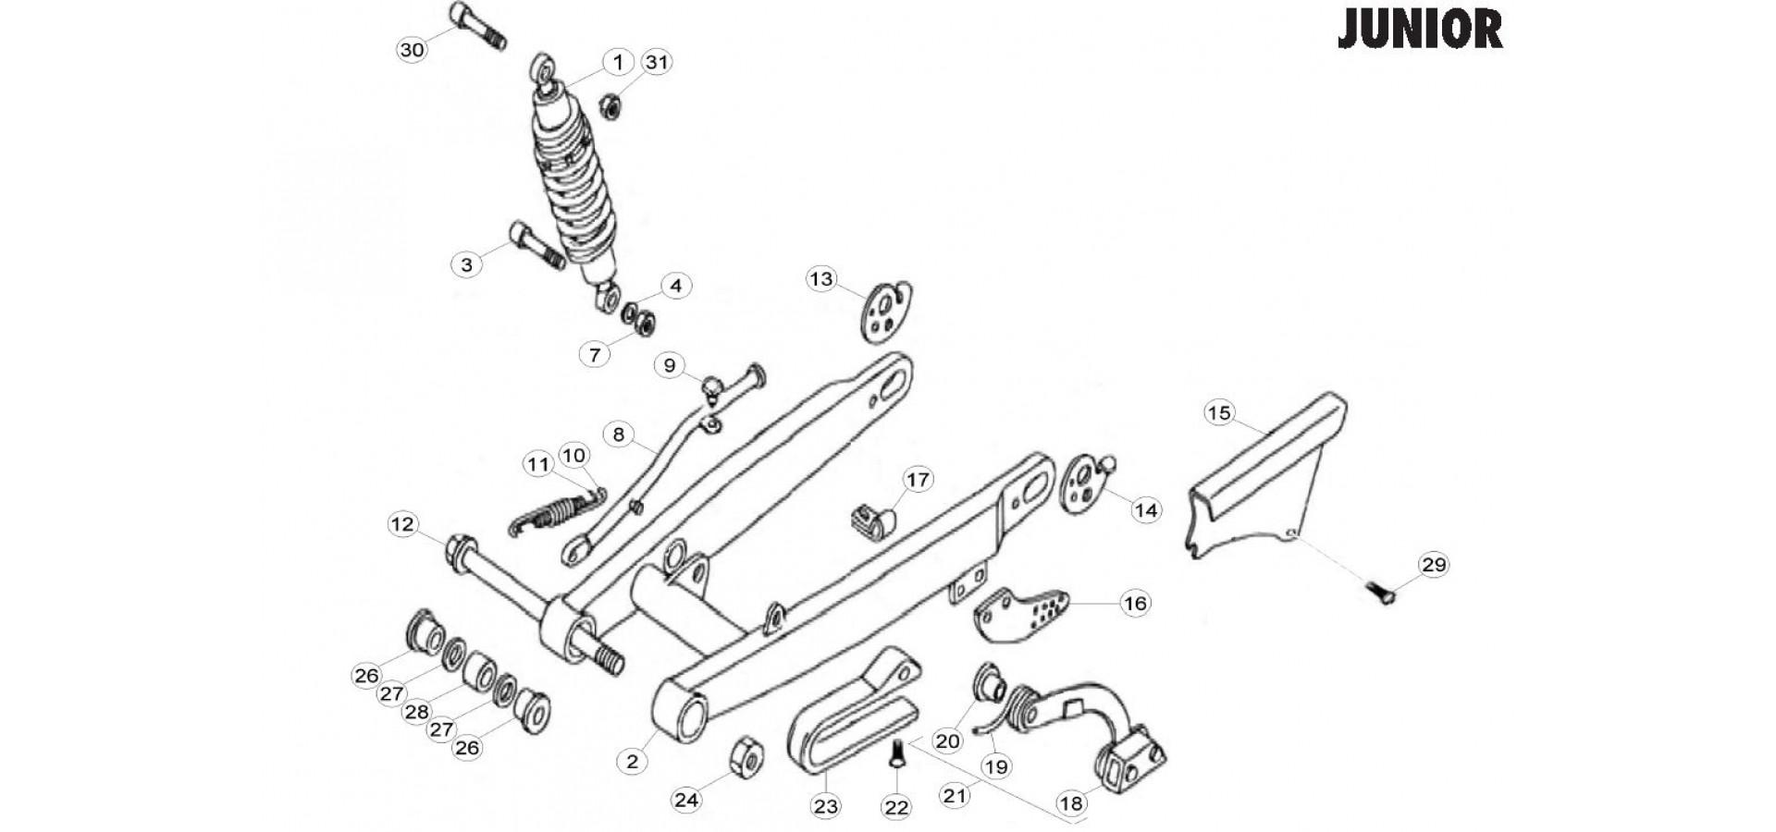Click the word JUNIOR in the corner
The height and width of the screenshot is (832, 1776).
(1420, 30)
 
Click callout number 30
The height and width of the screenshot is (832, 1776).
(412, 50)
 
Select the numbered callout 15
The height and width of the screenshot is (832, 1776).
(1219, 412)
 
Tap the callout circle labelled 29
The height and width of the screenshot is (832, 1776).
(1434, 564)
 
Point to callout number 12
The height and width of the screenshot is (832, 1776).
(402, 525)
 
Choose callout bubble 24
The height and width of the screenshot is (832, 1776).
(686, 800)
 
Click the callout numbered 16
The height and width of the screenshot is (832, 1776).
(1135, 604)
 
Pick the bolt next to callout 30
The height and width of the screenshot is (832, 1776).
(477, 26)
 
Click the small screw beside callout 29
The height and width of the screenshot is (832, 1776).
(1380, 591)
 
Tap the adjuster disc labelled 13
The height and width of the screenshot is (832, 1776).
(885, 312)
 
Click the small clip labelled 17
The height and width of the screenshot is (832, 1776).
(870, 520)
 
